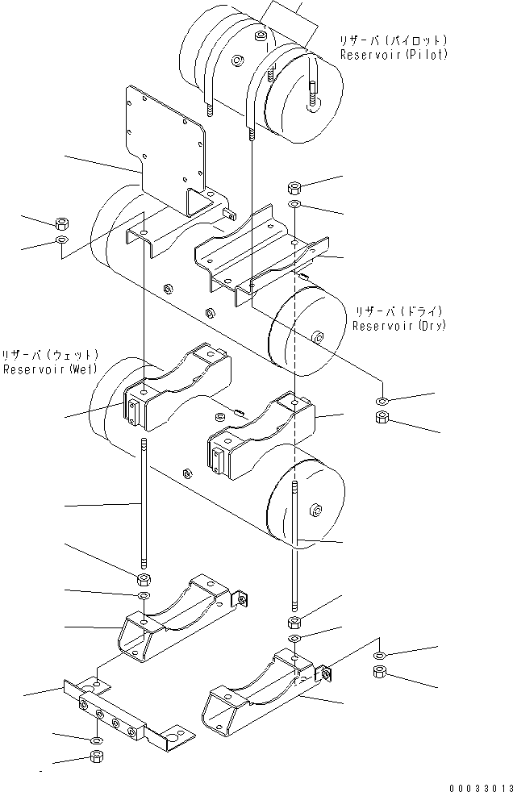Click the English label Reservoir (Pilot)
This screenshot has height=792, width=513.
click(393, 55)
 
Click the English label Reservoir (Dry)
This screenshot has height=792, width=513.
click(398, 326)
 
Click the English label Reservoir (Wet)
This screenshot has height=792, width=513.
click(50, 369)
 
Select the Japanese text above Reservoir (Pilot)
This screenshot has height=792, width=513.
click(393, 40)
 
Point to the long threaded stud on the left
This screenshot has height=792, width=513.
click(144, 504)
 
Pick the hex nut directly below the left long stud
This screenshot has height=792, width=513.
click(143, 579)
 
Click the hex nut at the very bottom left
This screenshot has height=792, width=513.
click(95, 757)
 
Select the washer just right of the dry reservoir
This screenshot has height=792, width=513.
click(382, 401)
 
